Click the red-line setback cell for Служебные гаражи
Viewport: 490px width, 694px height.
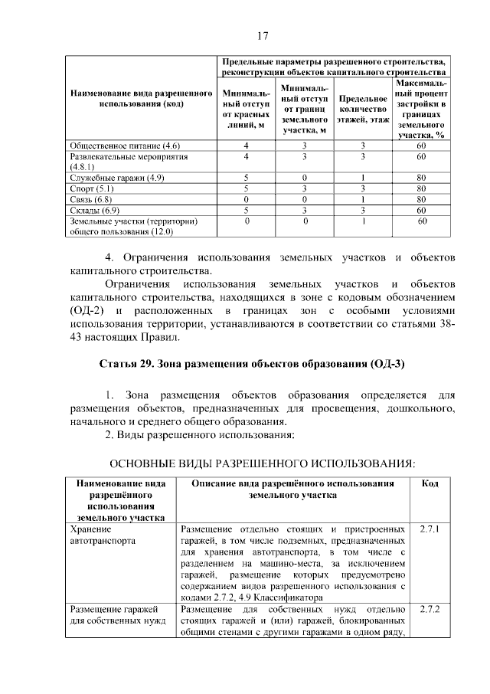pos(247,177)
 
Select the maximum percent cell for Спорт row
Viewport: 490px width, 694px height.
pos(421,188)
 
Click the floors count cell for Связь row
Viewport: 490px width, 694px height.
pos(364,198)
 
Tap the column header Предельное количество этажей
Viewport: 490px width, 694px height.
pos(364,109)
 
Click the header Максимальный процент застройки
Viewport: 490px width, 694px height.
pos(421,109)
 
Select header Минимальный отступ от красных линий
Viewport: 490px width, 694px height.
pos(247,109)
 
